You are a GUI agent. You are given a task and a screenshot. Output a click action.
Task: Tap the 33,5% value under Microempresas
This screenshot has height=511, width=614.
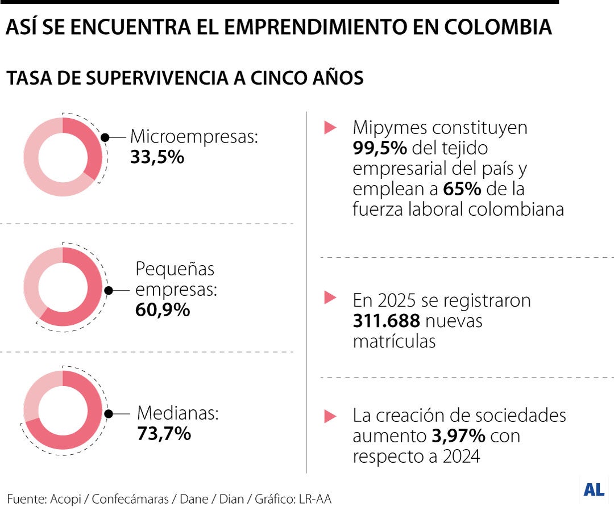pos(157,157)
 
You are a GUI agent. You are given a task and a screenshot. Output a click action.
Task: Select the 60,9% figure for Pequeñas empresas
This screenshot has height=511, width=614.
pos(163,310)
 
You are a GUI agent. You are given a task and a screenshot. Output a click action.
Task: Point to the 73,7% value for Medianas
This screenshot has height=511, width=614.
pos(164,434)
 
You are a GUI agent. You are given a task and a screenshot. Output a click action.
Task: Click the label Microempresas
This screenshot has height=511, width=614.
pos(194,136)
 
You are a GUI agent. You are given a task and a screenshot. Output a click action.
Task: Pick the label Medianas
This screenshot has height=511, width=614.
pos(178,413)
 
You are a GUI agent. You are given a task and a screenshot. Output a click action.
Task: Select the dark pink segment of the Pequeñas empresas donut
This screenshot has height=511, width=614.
pos(85,307)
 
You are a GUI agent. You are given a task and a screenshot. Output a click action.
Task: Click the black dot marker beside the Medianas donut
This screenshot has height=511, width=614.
pos(109,414)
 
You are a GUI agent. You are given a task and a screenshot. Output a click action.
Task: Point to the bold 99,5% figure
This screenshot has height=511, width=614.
pos(379,148)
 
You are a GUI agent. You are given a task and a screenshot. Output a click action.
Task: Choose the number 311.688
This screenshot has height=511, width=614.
pos(386,321)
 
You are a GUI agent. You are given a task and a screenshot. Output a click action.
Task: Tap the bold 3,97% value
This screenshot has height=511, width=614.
pos(458,436)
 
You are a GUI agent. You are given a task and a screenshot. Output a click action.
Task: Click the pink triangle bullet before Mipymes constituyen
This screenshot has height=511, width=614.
pos(330,127)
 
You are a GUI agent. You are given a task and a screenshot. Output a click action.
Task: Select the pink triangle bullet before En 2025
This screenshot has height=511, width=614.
pos(330,296)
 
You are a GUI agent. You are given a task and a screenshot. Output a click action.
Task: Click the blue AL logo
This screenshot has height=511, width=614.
pos(594,489)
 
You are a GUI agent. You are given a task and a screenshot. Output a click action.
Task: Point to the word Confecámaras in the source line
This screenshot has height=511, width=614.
pos(130,499)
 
